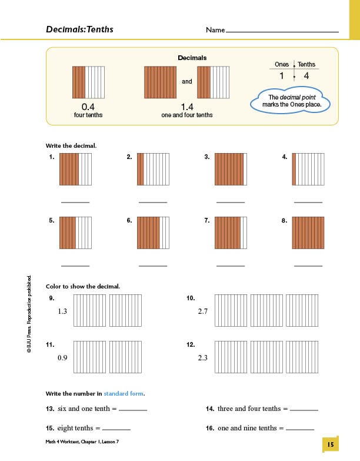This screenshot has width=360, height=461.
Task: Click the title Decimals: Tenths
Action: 79,29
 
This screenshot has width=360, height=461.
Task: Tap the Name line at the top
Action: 282,31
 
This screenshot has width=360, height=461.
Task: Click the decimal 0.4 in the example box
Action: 88,107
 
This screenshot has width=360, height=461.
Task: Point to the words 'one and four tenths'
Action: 186,115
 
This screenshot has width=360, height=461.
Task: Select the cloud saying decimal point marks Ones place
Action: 289,101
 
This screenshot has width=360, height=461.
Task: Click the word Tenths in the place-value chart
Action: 306,64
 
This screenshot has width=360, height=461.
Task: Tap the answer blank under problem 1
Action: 75,202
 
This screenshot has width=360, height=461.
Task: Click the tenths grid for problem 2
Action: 153,169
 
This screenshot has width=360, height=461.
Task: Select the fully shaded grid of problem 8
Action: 308,233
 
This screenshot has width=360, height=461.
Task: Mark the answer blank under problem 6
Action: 153,266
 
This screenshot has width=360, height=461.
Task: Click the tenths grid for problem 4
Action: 308,169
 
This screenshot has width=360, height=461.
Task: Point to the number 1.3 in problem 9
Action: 62,311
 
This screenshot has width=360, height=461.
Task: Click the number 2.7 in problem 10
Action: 202,311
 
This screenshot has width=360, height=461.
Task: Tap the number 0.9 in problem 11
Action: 62,357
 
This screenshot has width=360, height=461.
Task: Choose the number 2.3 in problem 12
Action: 202,357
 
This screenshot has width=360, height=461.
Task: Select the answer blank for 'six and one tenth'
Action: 133,410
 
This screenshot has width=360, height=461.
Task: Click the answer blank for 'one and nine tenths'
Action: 299,430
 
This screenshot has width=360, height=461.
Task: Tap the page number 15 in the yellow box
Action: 331,445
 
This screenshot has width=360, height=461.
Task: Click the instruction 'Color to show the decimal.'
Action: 83,287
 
